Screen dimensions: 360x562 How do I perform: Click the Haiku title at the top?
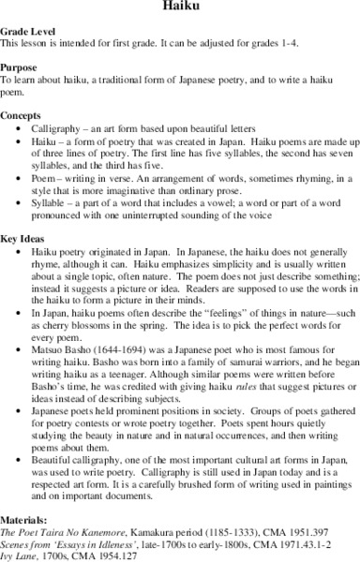tap(180, 7)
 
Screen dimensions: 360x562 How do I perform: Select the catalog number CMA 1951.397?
tap(282, 533)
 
